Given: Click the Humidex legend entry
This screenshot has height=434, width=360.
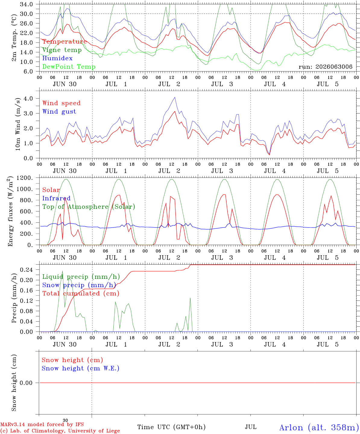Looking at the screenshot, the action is pos(57,58).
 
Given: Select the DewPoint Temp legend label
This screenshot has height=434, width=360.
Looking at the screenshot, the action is pos(69,67).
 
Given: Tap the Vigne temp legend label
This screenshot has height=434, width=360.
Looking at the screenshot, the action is pos(62,50).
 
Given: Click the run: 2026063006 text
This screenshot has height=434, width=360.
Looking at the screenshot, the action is pos(325,67).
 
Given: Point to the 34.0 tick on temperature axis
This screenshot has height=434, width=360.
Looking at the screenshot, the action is pos(26,4).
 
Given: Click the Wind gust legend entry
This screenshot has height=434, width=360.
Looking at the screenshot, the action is pos(59,112).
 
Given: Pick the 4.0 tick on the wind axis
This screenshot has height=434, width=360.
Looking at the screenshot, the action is pos(28,99).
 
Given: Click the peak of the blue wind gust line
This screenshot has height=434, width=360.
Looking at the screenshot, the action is pos(175,97).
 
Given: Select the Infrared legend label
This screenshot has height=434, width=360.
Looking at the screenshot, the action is pos(56,198).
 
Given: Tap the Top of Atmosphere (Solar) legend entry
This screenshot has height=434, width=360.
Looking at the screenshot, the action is pos(89,207).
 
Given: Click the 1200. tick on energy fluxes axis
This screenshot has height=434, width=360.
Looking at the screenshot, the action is pos(25,178).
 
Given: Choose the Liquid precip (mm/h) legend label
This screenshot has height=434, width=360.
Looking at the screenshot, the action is pos(81,277).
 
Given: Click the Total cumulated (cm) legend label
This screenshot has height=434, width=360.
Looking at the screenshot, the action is pos(81,294).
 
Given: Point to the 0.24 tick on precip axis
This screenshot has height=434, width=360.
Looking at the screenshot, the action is pos(27,270).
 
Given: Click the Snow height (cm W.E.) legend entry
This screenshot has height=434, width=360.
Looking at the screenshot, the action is pos(81,368).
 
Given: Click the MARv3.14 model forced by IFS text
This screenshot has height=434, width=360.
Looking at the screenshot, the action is pos(42,424).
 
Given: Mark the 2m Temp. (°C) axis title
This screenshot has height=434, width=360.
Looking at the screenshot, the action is pos(14,38).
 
